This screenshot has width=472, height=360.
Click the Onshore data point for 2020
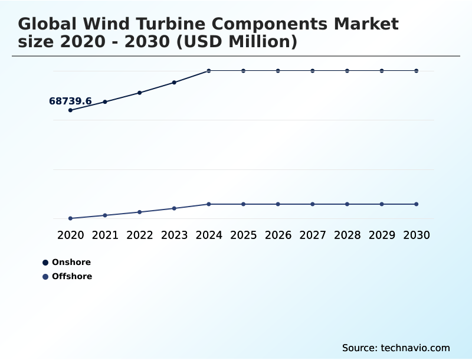click(70, 110)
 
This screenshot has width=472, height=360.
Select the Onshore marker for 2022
click(140, 93)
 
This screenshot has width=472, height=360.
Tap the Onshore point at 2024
click(209, 71)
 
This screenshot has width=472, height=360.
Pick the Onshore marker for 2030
click(417, 71)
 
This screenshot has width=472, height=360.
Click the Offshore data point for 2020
click(70, 218)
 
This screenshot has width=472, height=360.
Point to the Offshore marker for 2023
click(174, 208)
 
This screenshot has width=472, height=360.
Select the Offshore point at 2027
click(313, 204)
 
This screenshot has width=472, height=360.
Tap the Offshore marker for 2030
click(417, 204)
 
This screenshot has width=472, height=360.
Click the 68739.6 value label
click(70, 102)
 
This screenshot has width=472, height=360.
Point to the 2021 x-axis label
click(105, 235)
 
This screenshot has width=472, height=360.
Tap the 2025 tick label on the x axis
click(243, 235)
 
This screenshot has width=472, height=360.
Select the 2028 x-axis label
click(347, 235)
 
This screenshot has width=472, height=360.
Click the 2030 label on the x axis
click(417, 235)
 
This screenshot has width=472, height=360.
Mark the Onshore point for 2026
click(278, 71)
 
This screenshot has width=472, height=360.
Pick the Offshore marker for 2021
click(105, 215)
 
